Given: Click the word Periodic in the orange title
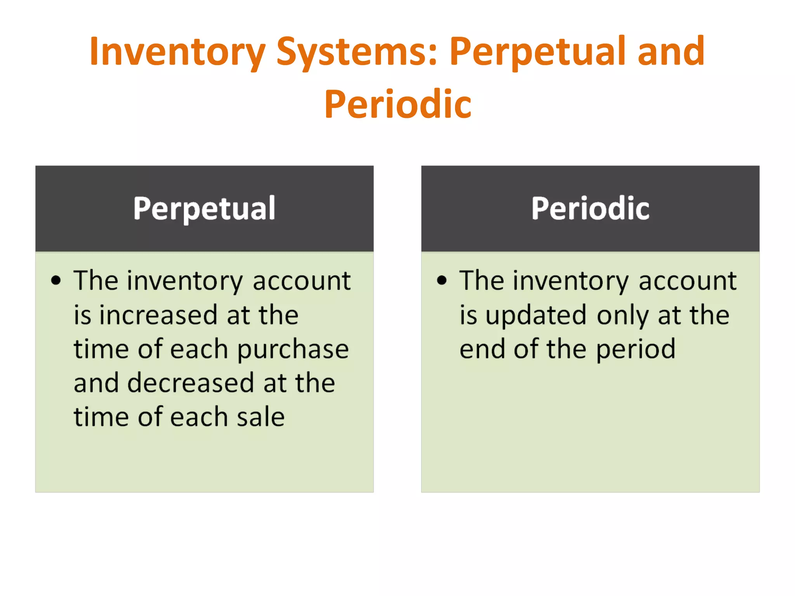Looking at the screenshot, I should (x=398, y=104).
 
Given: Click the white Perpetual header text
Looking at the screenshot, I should (x=204, y=208).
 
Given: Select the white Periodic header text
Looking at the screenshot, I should (x=590, y=208).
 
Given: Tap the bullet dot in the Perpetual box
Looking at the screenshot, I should (x=56, y=280).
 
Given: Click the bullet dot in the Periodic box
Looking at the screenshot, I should (x=442, y=280).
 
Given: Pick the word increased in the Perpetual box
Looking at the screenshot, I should (x=158, y=315).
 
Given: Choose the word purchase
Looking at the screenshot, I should (x=293, y=349).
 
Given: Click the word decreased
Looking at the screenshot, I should (x=190, y=383).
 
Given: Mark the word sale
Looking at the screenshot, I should (x=261, y=417).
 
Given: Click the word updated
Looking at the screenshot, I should (x=536, y=315).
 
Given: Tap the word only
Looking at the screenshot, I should (x=622, y=315).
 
